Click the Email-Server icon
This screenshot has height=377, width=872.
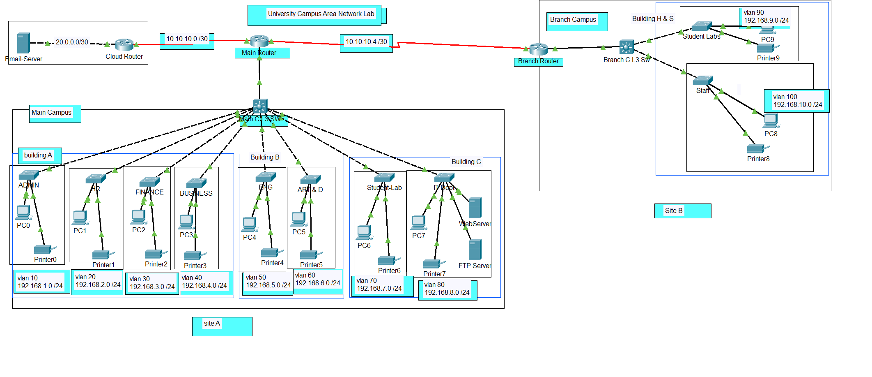click(x=23, y=43)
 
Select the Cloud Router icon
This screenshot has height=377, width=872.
click(x=124, y=44)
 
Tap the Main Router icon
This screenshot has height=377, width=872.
click(x=259, y=41)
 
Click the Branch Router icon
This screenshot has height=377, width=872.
click(x=538, y=49)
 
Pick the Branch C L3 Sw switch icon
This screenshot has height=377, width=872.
click(x=626, y=47)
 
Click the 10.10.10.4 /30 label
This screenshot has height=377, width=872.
click(x=366, y=42)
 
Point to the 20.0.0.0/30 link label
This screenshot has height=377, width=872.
click(x=72, y=42)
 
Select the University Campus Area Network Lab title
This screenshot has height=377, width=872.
click(x=321, y=14)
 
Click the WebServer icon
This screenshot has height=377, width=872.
click(x=475, y=208)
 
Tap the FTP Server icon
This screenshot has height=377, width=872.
click(x=475, y=250)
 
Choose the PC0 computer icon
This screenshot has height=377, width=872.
click(x=23, y=213)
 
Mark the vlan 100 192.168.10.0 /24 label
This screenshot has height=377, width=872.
click(x=797, y=101)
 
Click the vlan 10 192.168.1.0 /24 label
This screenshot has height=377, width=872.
click(x=40, y=282)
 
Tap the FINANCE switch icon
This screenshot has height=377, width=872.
click(x=149, y=182)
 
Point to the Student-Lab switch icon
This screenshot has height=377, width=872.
click(x=384, y=178)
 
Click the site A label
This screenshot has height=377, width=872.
click(x=212, y=324)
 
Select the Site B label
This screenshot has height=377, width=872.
click(x=674, y=211)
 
